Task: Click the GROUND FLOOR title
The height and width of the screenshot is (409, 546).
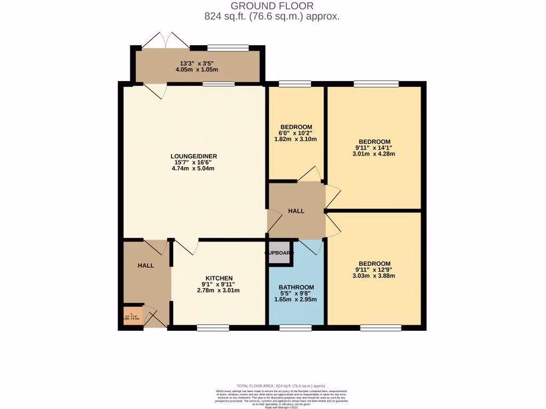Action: tap(272, 6)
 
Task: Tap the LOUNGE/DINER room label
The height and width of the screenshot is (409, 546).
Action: tap(194, 156)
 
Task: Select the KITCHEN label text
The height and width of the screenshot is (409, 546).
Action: tap(219, 278)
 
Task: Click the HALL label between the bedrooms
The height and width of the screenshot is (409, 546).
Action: tap(296, 211)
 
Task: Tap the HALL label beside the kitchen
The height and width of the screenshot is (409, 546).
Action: tap(146, 265)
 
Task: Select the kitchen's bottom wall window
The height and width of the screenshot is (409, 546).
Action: tap(212, 327)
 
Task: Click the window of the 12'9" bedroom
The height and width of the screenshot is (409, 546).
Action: tap(380, 327)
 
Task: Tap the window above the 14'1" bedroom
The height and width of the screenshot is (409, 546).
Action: tap(376, 83)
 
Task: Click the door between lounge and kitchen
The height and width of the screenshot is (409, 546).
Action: tap(185, 246)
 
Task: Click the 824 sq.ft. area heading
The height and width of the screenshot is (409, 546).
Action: tap(272, 17)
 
